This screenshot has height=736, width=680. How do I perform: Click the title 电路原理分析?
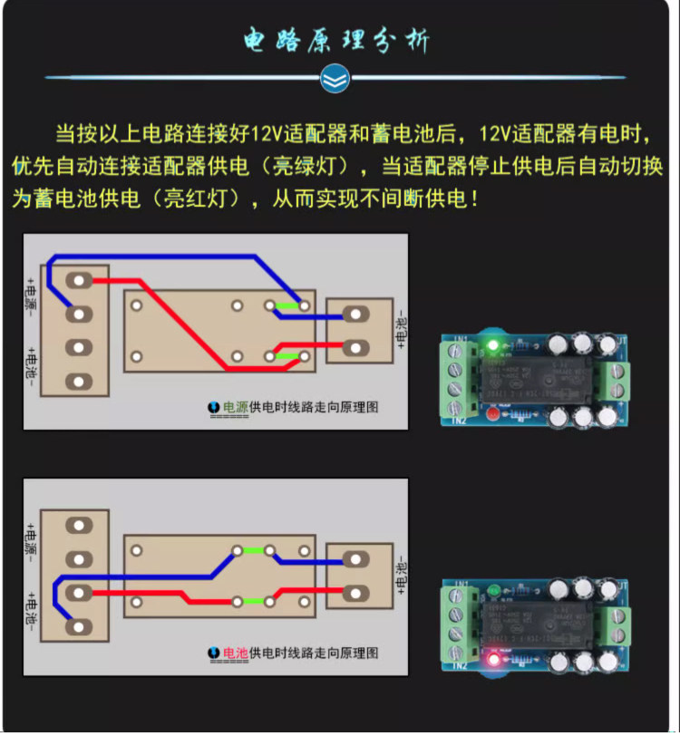(x=337, y=40)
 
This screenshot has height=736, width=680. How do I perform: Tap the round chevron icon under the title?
(x=335, y=79)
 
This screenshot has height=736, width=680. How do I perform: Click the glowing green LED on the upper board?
(x=492, y=345)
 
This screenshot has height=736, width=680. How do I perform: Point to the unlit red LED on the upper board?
(x=492, y=415)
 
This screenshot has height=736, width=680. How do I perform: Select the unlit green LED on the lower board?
(x=492, y=593)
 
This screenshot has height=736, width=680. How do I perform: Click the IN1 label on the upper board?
(x=460, y=340)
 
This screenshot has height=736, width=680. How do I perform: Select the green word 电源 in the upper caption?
(x=235, y=407)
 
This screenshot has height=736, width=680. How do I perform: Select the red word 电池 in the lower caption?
(x=235, y=653)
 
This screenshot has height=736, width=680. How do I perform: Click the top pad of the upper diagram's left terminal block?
(x=80, y=280)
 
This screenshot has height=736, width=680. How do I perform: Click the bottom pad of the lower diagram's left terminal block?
(x=80, y=625)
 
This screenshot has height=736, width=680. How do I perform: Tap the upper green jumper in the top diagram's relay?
(x=287, y=306)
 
